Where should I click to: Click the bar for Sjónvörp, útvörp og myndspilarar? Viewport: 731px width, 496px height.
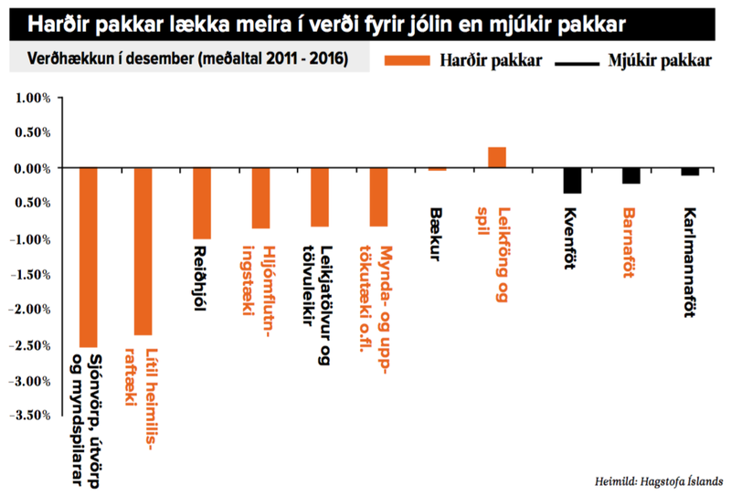(89, 257)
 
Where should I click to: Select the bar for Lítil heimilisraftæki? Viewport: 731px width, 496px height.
(143, 251)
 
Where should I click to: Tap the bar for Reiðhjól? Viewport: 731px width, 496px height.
(202, 203)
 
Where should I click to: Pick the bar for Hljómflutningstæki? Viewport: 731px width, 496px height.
(261, 198)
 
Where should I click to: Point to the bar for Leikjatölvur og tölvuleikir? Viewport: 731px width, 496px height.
(320, 197)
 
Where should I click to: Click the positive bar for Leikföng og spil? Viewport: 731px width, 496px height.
(497, 157)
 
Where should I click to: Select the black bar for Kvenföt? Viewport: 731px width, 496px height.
(572, 180)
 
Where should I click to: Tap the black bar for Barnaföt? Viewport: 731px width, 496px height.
(631, 175)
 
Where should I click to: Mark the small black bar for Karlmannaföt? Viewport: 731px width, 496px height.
(690, 172)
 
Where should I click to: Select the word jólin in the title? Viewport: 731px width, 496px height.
(454, 17)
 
